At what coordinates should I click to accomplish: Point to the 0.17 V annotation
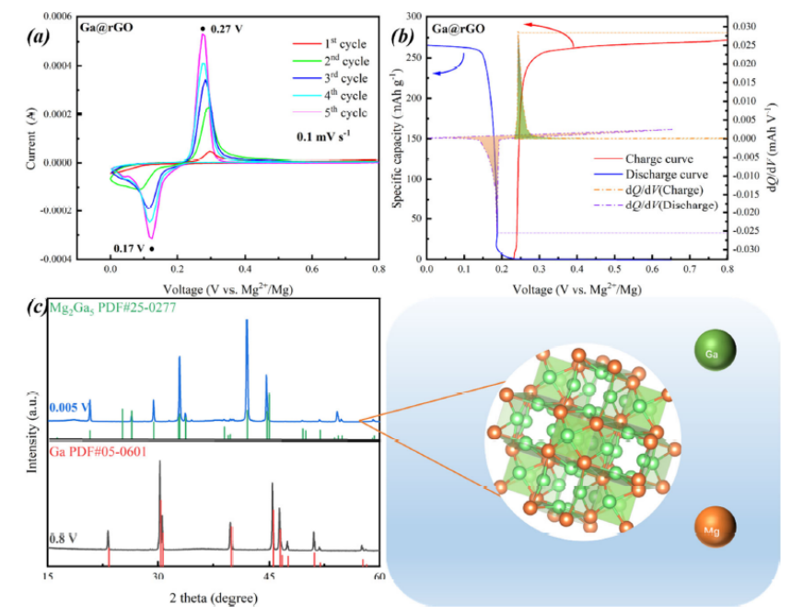coord(132,248)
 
